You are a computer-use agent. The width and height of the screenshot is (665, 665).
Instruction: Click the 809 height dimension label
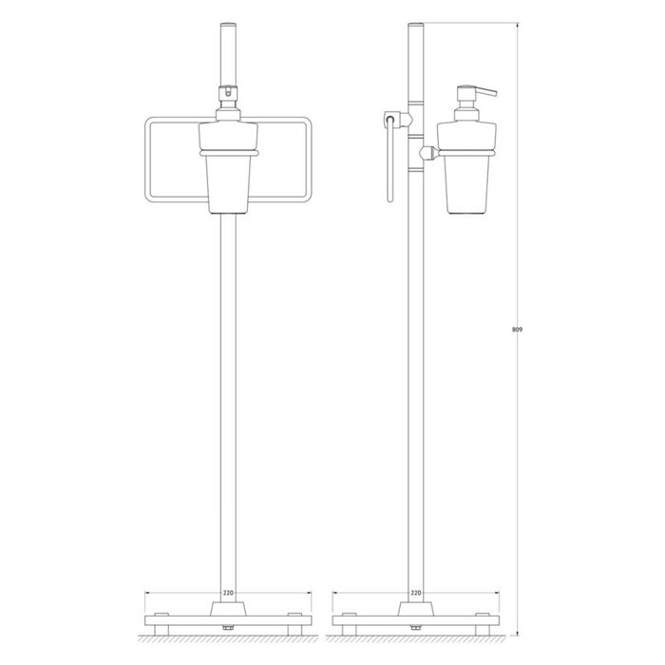[518, 329]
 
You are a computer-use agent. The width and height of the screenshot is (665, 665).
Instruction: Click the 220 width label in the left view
[228, 593]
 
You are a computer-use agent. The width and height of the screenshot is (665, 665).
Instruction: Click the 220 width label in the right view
[416, 593]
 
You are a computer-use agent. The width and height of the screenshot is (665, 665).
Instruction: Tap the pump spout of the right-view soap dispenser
[484, 92]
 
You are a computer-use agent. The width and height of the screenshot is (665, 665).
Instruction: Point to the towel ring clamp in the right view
[396, 120]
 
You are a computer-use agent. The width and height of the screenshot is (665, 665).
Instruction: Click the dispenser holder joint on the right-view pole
[428, 153]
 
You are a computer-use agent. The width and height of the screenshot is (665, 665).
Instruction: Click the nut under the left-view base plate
[228, 627]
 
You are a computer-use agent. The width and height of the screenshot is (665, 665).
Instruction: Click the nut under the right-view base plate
[416, 627]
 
